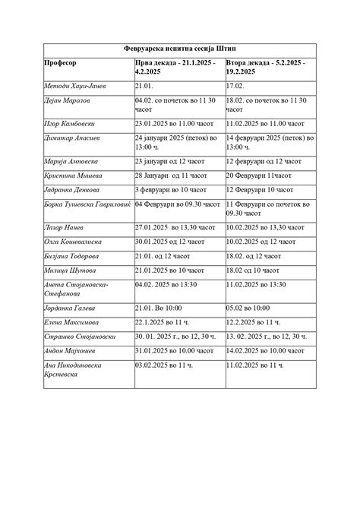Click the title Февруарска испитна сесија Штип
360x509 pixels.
pos(180,47)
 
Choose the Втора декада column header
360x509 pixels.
pos(265,68)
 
